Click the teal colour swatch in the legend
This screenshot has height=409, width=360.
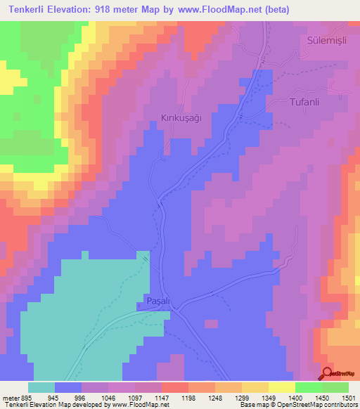41,387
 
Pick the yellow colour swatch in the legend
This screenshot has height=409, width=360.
281,387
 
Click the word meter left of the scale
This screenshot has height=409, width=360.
8,397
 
